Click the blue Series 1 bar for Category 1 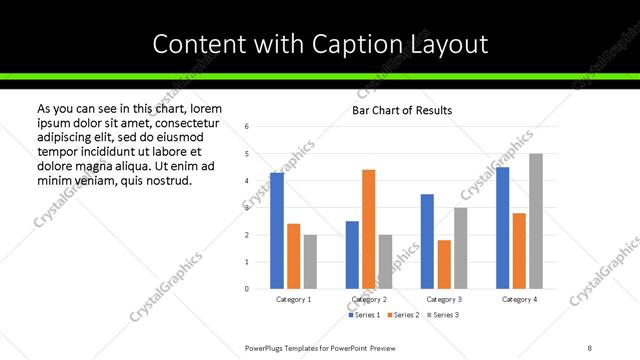pos(277,231)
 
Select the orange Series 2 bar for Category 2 pos(368,229)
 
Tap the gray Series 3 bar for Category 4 pos(536,221)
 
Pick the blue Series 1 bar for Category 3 pos(427,241)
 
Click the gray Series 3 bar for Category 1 pos(311,262)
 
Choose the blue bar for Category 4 pos(503,228)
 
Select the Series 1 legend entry pos(364,315)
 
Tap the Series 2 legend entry pos(403,315)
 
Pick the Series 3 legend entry pos(443,315)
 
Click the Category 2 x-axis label pos(368,299)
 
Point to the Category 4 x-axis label pos(519,299)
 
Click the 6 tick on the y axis pos(247,126)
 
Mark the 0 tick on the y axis pos(247,289)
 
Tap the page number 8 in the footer pos(590,347)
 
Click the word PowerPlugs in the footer pos(267,347)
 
